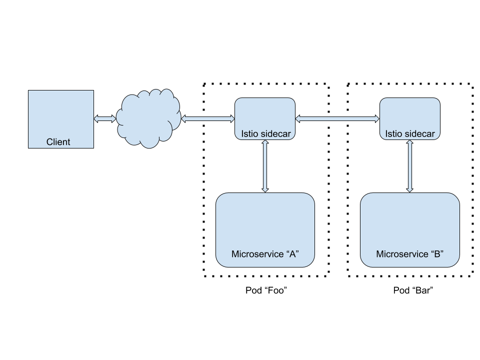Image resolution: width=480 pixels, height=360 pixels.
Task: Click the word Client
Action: coord(58,142)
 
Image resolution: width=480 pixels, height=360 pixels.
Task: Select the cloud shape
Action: coord(148,118)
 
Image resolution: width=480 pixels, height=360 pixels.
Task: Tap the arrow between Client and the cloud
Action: coord(105,118)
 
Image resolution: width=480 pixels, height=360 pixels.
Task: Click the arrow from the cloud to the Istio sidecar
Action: coord(207,118)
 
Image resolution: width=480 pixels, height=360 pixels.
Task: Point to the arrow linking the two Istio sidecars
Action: coord(337,118)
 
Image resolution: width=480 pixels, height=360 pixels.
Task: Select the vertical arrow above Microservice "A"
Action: coord(265,166)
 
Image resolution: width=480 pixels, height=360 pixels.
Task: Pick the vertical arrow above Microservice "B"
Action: coord(410,166)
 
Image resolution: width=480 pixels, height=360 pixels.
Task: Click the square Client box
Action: coord(61,115)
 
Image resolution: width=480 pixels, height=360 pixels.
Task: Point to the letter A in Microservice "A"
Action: coord(292,254)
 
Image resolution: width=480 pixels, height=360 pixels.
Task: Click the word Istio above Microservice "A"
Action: coord(250,134)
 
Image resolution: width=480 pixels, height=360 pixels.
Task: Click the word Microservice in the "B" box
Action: coord(401,254)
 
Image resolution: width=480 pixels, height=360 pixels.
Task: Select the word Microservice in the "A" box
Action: coord(257,254)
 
